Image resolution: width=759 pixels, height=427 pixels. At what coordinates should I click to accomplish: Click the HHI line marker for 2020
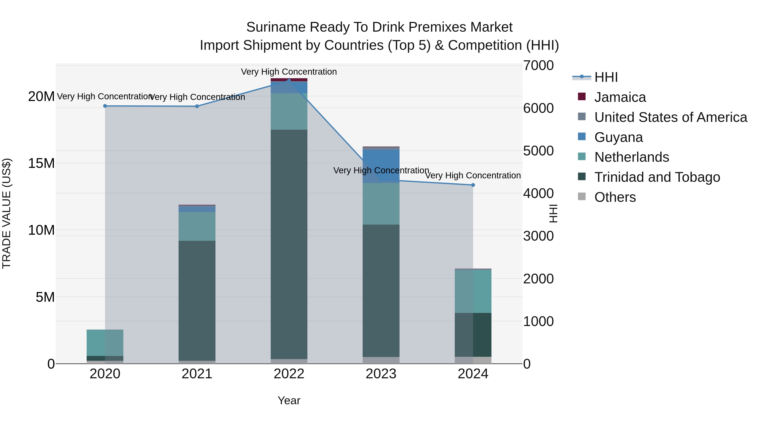pyautogui.click(x=105, y=106)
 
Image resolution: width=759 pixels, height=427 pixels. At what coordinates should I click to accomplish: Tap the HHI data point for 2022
pyautogui.click(x=289, y=81)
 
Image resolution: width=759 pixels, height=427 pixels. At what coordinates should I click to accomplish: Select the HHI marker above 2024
pyautogui.click(x=473, y=185)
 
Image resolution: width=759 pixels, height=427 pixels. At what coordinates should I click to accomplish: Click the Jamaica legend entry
pyautogui.click(x=620, y=97)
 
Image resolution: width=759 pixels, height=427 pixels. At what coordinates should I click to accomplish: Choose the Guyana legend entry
pyautogui.click(x=618, y=137)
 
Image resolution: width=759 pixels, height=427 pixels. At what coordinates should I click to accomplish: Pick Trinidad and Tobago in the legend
pyautogui.click(x=657, y=177)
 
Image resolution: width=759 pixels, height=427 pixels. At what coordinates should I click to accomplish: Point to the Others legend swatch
pyautogui.click(x=582, y=197)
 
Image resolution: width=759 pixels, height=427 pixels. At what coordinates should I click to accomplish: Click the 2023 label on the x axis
pyautogui.click(x=381, y=374)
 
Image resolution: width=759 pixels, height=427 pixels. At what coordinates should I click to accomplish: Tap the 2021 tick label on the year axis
pyautogui.click(x=197, y=374)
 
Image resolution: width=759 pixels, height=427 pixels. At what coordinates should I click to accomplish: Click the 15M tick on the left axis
pyautogui.click(x=41, y=163)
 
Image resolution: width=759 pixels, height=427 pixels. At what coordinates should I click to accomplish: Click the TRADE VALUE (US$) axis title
pyautogui.click(x=7, y=213)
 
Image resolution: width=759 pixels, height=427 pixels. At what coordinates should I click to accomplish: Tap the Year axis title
pyautogui.click(x=289, y=400)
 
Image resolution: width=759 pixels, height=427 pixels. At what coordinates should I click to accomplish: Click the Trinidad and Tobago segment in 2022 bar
pyautogui.click(x=289, y=245)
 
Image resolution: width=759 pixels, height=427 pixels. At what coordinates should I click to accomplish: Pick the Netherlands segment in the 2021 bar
pyautogui.click(x=197, y=226)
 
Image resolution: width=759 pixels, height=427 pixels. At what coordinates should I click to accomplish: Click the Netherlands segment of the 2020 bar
pyautogui.click(x=105, y=343)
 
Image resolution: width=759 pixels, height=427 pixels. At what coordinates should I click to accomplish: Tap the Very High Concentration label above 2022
pyautogui.click(x=289, y=72)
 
